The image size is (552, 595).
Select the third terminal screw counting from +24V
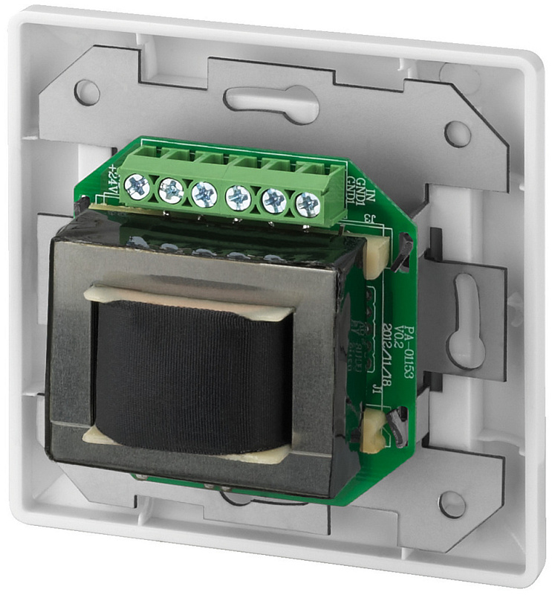point(204,193)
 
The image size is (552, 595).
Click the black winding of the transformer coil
point(193,372)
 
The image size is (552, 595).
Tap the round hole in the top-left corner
point(88,91)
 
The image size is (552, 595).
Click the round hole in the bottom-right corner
point(452,504)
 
